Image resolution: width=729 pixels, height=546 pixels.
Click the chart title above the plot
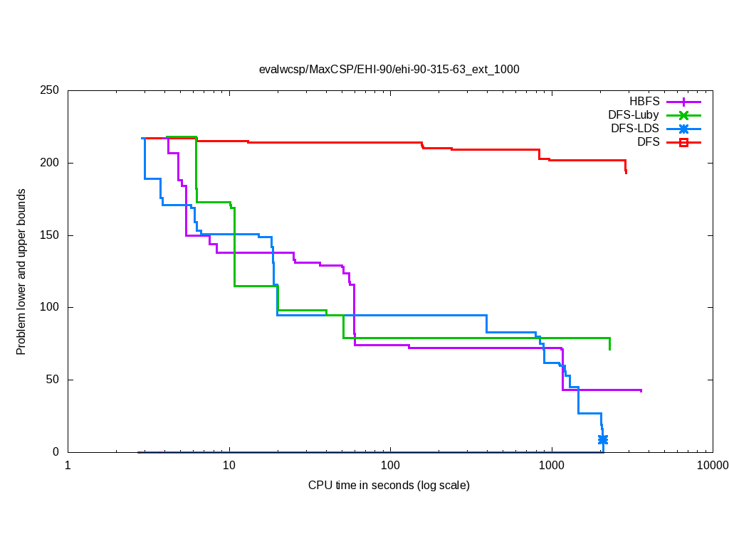[389, 70]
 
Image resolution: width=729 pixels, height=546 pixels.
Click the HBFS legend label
[644, 101]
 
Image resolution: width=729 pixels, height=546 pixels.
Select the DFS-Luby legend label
[634, 114]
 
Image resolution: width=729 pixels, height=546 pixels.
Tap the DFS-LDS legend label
[634, 129]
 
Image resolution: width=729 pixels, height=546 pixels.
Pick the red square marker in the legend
[683, 142]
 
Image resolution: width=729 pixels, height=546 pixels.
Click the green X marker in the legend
[683, 115]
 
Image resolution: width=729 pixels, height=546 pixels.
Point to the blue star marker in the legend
[683, 129]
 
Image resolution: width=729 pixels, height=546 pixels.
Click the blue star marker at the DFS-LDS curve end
[603, 440]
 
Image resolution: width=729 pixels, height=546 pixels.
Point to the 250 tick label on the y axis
[50, 91]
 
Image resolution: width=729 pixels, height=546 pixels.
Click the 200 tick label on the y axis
[50, 163]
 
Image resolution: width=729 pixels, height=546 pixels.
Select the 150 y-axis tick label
[50, 235]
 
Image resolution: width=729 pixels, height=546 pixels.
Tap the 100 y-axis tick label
[50, 307]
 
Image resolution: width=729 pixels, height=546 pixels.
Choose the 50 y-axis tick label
[53, 380]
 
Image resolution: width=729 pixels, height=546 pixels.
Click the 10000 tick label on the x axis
[712, 466]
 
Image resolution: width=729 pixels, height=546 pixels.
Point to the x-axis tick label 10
[229, 466]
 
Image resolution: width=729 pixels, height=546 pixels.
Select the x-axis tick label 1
[68, 466]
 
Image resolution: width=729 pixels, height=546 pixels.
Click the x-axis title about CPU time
[389, 486]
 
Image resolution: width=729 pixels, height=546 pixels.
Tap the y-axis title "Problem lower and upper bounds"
[21, 272]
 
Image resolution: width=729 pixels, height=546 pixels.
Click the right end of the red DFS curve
[626, 172]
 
